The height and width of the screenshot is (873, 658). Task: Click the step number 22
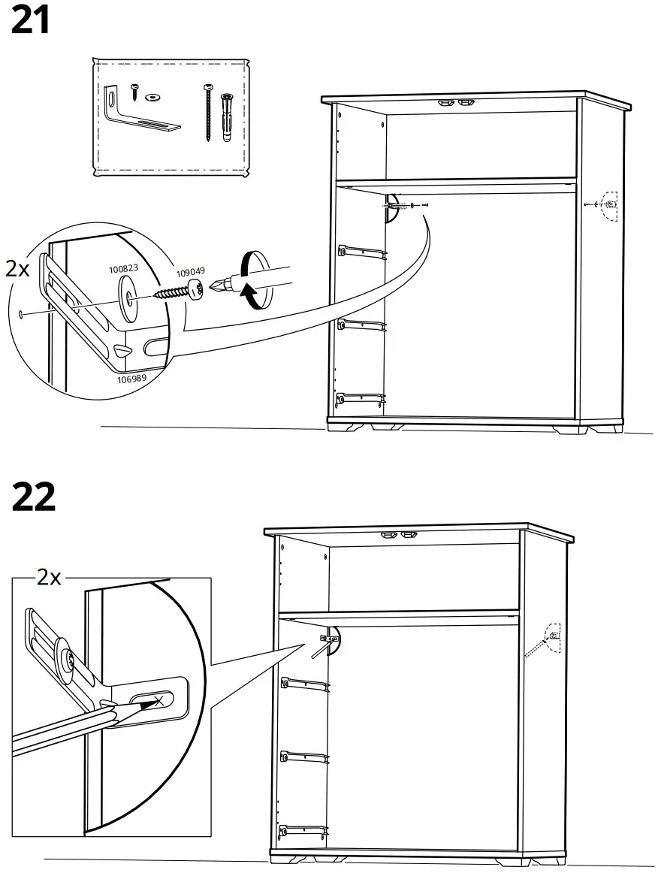34,497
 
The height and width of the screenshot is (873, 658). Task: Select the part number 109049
190,274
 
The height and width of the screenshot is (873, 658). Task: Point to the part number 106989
131,379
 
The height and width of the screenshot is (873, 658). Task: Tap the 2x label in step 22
49,577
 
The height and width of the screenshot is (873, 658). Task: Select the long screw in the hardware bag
206,113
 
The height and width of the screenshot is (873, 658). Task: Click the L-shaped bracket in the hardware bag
139,113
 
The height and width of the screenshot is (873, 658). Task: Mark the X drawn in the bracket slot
158,699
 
